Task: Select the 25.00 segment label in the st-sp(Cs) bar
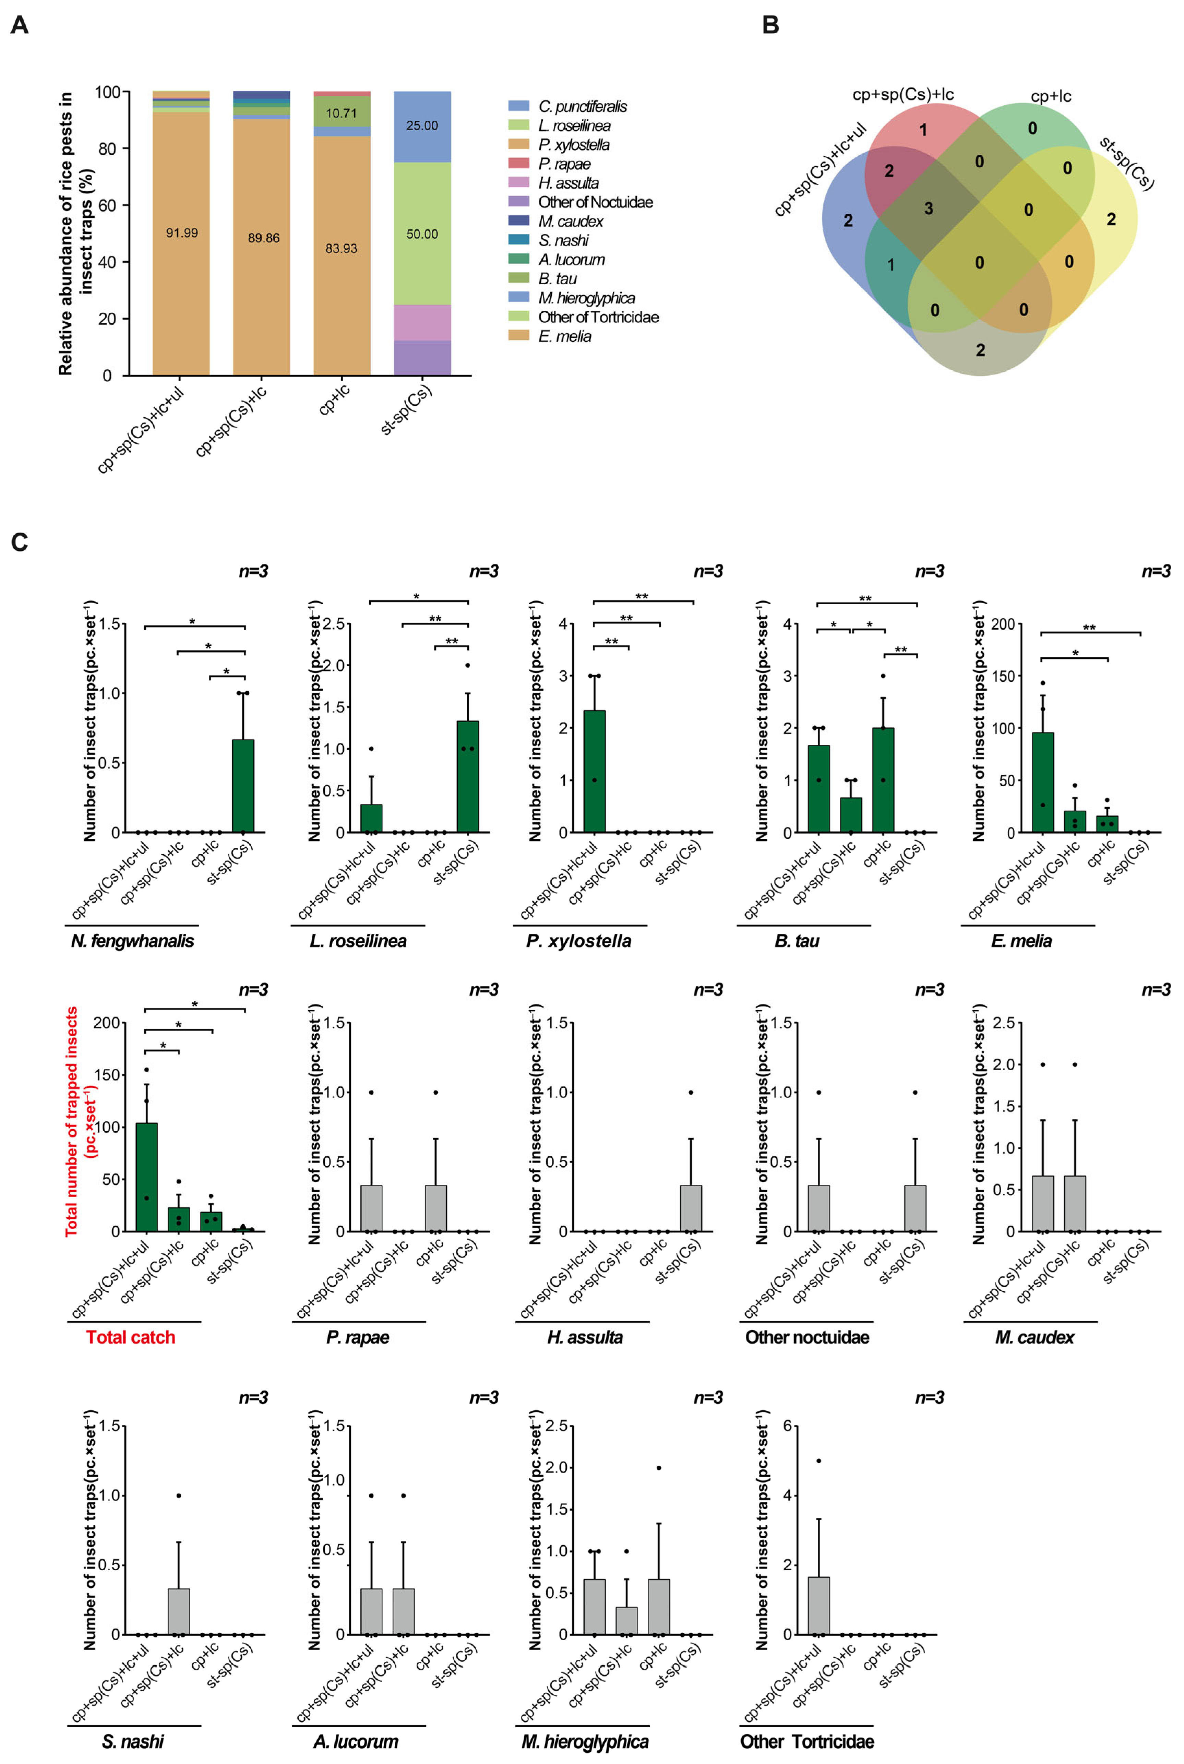pyautogui.click(x=422, y=126)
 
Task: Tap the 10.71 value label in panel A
pyautogui.click(x=341, y=113)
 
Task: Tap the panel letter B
pyautogui.click(x=770, y=25)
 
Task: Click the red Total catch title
pyautogui.click(x=131, y=1337)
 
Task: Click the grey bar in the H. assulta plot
pyautogui.click(x=691, y=1209)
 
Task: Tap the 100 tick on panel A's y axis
pyautogui.click(x=107, y=92)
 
